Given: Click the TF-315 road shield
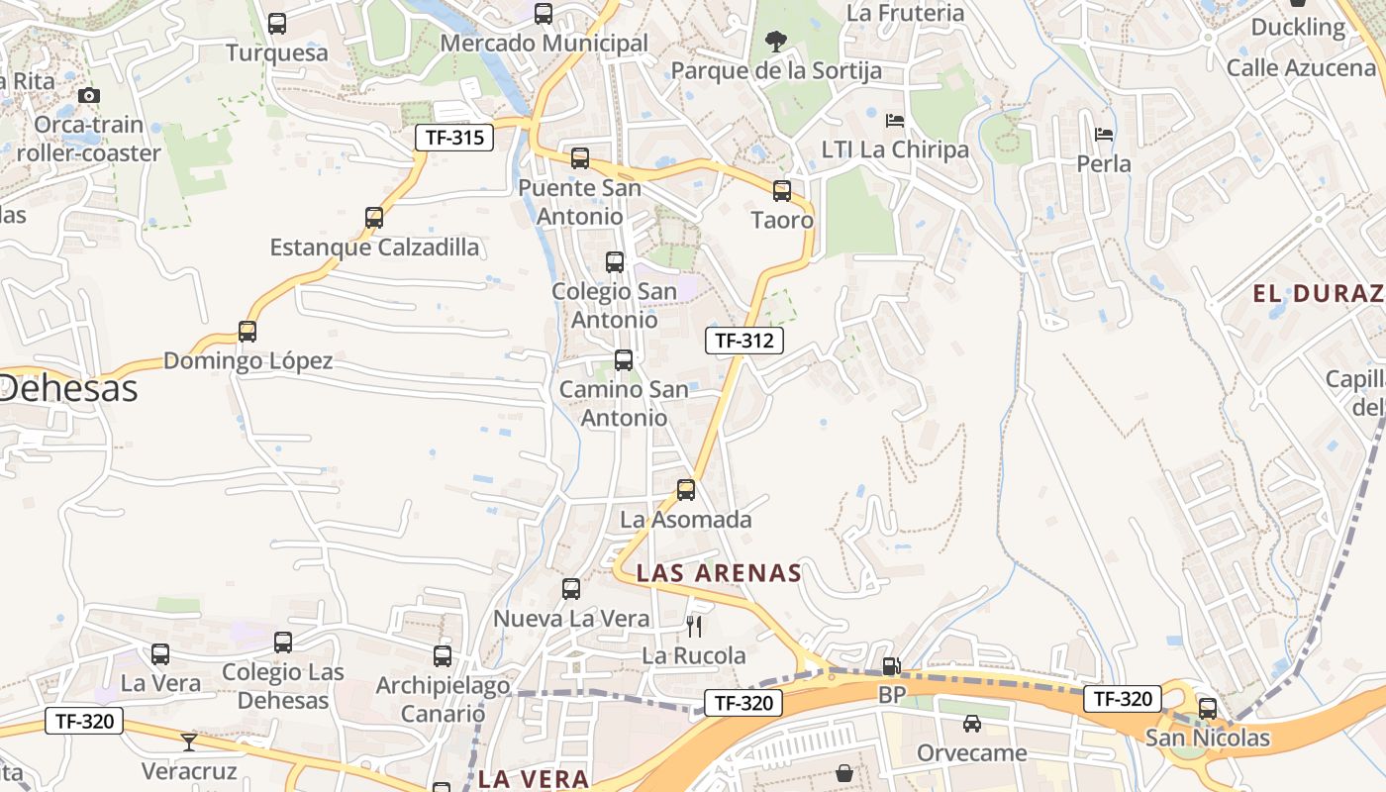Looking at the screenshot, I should pos(453,138).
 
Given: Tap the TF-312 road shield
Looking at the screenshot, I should pos(744,341).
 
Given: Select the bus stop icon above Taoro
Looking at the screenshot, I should pos(782,190).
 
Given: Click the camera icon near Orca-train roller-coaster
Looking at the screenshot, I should pos(89,95).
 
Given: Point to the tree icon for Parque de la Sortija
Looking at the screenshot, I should pos(776,42).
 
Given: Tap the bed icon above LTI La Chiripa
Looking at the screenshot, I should pos(894,121).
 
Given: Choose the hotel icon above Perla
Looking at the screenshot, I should pos(1104,134).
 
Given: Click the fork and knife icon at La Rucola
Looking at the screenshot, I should pos(694,626).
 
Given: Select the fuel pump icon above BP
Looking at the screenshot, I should pos(891,666).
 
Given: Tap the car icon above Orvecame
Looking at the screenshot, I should pos(972,724).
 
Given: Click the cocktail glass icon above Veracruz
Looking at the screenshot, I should pos(189,742).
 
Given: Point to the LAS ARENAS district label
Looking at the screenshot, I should pos(719,573).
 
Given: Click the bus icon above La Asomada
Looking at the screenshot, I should pos(686,489).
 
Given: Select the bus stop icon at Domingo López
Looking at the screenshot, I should pos(247,332).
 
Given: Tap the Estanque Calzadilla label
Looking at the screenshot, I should pos(374,247).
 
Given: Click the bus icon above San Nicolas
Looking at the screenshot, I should pos(1207,708).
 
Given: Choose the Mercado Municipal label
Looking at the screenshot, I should pos(544,44).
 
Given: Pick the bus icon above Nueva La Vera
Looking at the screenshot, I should pos(571,589).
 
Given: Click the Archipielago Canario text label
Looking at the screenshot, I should pos(443,699).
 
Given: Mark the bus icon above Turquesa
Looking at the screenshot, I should pos(277,23).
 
